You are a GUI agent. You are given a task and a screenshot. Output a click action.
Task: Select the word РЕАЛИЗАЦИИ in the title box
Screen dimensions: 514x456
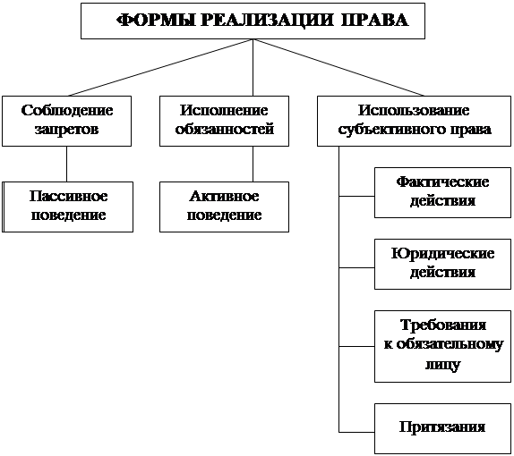pos(267,21)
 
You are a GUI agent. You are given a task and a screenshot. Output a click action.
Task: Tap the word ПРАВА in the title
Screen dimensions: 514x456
pos(374,21)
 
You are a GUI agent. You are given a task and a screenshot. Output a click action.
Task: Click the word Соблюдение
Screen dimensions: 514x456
pos(67,111)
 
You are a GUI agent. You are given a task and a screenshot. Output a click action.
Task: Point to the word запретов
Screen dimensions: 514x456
pos(67,130)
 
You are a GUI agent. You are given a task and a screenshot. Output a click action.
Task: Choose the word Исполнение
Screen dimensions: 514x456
pos(224,111)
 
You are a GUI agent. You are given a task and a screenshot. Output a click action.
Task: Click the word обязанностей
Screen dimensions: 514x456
pos(225,129)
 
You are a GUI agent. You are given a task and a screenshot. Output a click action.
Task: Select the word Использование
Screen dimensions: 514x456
pos(414,110)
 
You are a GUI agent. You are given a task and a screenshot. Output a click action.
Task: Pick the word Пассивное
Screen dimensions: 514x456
pos(69,196)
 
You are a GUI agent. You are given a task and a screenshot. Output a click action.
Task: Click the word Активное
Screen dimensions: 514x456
pos(224,196)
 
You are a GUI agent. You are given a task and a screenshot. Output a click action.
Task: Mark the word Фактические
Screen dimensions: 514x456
pos(442,182)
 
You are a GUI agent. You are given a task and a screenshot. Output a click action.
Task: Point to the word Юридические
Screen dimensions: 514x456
pos(443,254)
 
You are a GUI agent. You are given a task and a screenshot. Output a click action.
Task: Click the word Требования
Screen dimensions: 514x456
pos(443,325)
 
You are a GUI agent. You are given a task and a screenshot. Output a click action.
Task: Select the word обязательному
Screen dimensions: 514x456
pos(450,345)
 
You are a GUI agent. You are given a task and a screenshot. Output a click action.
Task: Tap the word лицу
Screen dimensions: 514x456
pos(443,364)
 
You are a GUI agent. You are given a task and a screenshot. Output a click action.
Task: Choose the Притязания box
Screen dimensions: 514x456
pos(442,428)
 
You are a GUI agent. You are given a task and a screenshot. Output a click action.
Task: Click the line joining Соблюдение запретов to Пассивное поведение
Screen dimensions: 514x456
pos(67,164)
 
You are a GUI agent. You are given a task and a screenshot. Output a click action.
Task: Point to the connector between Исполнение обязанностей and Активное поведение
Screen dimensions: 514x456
pos(253,164)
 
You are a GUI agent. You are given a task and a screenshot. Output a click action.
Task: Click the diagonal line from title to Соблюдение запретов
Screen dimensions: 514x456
pos(160,67)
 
